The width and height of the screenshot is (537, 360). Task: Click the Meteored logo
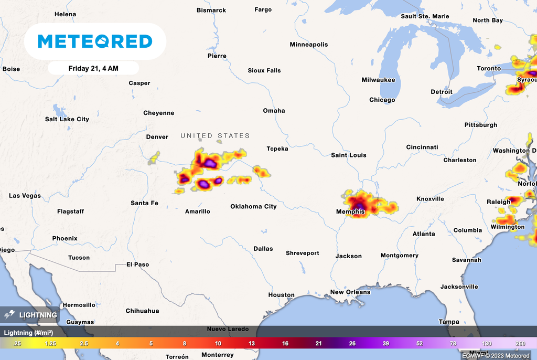tap(95, 41)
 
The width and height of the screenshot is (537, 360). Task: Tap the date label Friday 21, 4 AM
tap(93, 68)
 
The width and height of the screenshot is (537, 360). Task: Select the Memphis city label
tap(350, 212)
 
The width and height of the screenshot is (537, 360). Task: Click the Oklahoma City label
tap(253, 206)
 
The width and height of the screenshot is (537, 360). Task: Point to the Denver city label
tap(157, 137)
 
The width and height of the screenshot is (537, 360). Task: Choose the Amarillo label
tap(198, 211)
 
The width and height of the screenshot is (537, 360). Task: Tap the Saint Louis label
tap(349, 155)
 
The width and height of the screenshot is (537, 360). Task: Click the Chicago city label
tap(382, 100)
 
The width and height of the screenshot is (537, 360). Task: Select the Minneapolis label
tap(309, 45)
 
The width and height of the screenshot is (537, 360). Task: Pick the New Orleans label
tap(350, 292)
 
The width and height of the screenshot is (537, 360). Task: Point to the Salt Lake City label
tap(67, 119)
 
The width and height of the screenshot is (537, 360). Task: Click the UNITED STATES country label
tap(215, 135)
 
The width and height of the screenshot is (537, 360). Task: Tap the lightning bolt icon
tap(9, 315)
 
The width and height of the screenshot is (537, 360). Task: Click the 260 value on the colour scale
tap(520, 343)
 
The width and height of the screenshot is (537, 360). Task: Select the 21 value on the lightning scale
tap(318, 343)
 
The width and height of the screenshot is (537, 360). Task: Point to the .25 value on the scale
tap(16, 343)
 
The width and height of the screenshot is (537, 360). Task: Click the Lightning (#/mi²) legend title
tap(28, 332)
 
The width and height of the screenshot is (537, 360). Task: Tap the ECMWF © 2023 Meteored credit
tap(496, 356)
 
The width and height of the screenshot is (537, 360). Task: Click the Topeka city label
tap(277, 149)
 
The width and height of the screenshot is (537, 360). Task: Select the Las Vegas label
tap(25, 196)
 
